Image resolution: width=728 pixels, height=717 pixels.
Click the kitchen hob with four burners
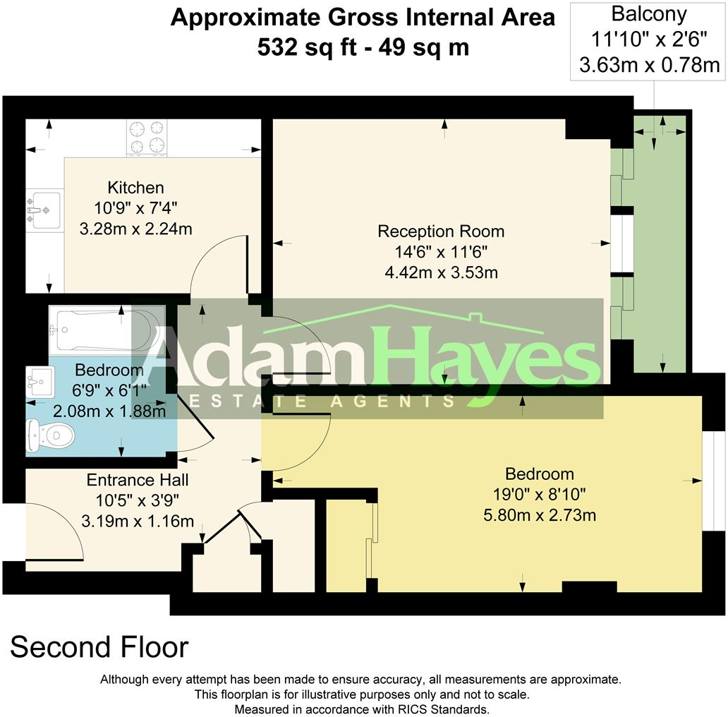point(146,138)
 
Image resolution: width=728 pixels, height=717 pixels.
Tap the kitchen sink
point(44,210)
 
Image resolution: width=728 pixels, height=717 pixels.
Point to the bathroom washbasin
point(40,382)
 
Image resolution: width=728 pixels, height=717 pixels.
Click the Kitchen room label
point(135,188)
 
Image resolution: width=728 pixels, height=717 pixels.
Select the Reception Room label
point(441,231)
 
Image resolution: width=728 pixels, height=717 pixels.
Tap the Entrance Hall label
point(138,481)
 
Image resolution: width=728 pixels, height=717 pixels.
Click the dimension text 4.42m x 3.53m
point(441,272)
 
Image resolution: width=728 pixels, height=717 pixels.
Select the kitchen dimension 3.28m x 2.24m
point(135,229)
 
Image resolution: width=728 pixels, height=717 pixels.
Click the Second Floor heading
point(99,647)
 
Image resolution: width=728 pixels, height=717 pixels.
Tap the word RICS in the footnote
point(404,709)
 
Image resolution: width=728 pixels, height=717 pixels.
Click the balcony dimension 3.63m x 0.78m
point(649,66)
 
